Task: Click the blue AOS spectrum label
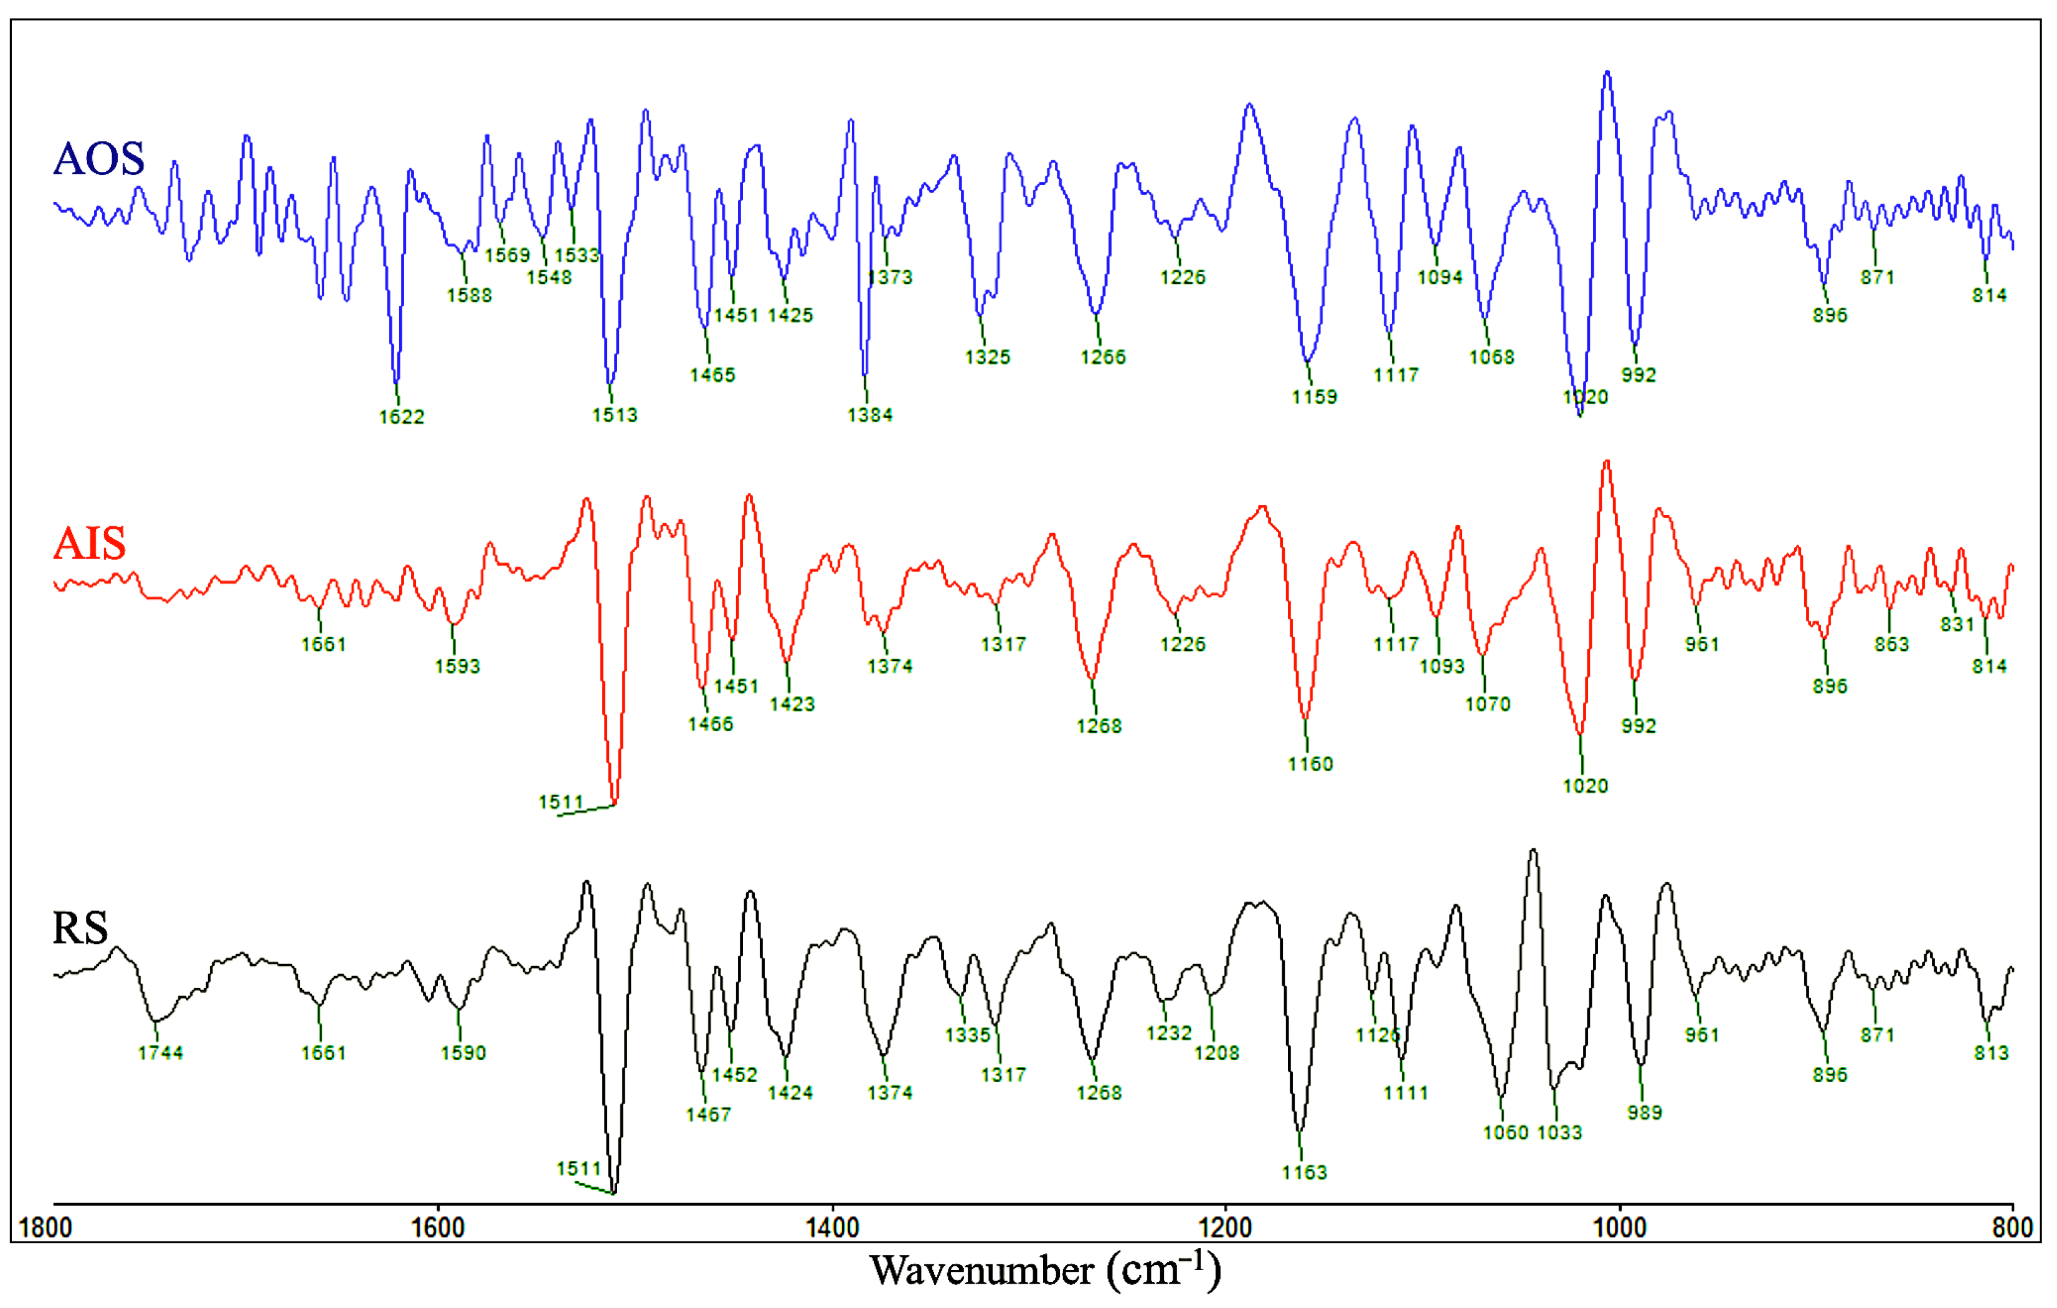coord(98,159)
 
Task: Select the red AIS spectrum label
coord(89,543)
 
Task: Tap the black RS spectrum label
coord(80,928)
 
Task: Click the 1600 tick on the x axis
coord(438,1228)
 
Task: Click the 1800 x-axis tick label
coord(45,1228)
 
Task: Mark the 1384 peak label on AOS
coord(869,415)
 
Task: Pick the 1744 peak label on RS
coord(161,1053)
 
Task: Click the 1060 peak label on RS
coord(1505,1133)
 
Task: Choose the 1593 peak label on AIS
coord(457,666)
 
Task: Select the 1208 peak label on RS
coord(1216,1053)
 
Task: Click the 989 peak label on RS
coord(1644,1113)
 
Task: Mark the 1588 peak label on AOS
coord(469,296)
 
